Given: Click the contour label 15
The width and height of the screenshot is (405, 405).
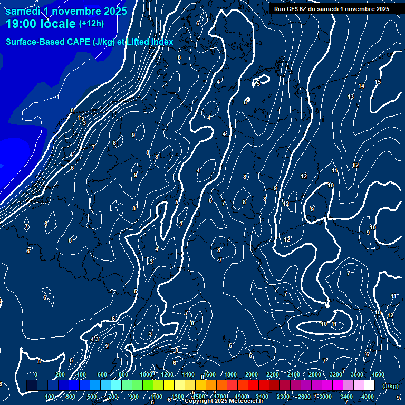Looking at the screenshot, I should pos(378,82).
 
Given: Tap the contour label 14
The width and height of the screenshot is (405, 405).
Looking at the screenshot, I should pos(361,86).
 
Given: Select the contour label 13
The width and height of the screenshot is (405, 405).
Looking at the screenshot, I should pos(351,97).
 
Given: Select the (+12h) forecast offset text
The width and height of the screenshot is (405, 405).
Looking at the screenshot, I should pos(91,23).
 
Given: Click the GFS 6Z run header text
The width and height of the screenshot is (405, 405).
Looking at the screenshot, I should pos(331,9).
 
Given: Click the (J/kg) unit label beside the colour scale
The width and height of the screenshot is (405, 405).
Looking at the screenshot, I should pos(390,387).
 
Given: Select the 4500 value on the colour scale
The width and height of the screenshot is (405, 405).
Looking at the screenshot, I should pos(378,374).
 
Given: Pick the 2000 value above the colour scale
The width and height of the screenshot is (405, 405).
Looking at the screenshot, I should pos(252,374).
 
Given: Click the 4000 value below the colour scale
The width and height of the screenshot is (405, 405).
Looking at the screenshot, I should pos(368,397).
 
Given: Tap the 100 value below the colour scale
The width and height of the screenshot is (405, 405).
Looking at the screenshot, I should pos(50,397).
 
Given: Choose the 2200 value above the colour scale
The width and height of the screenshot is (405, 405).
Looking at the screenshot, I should pos(273,374).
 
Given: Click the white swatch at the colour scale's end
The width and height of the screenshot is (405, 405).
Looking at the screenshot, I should pos(369,385).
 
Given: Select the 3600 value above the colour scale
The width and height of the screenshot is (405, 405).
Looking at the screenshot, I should pos(357,374).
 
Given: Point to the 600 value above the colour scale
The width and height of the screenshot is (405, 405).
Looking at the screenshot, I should pos(102,374).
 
